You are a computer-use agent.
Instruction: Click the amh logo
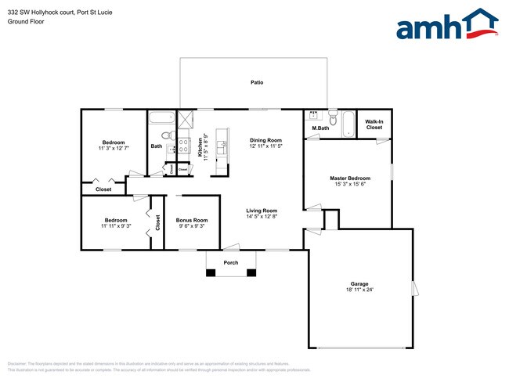pyautogui.click(x=446, y=25)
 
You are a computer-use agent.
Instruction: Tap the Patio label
pyautogui.click(x=256, y=81)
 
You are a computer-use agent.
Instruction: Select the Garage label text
pyautogui.click(x=359, y=283)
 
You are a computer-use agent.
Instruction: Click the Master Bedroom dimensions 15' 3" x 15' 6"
pyautogui.click(x=349, y=185)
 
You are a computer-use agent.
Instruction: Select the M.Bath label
pyautogui.click(x=319, y=128)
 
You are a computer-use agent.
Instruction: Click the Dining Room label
pyautogui.click(x=265, y=139)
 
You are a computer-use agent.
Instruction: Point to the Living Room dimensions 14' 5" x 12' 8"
pyautogui.click(x=262, y=217)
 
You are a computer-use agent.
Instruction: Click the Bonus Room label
pyautogui.click(x=191, y=220)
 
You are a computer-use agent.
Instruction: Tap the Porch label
pyautogui.click(x=231, y=262)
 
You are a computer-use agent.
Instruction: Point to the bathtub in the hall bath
pyautogui.click(x=162, y=120)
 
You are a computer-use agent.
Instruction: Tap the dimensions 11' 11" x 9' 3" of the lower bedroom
pyautogui.click(x=116, y=226)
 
